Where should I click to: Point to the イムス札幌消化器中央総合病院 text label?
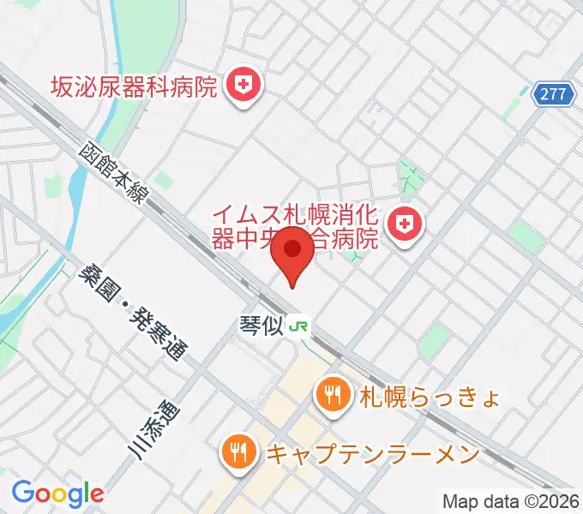[296, 225]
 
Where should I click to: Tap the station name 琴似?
[261, 326]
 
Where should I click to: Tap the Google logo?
[57, 493]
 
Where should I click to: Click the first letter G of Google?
[22, 493]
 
